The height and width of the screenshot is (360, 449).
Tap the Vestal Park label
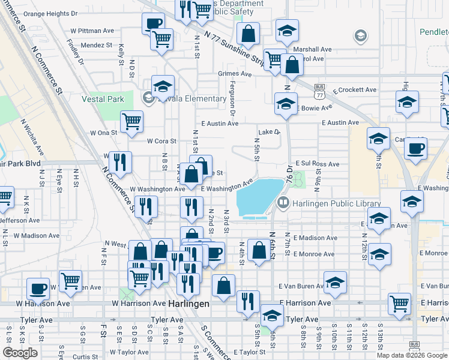tap(103, 99)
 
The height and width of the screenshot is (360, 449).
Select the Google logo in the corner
tap(19, 353)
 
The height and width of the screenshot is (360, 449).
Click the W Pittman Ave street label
tap(92, 30)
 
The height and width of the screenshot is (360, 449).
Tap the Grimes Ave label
tap(235, 74)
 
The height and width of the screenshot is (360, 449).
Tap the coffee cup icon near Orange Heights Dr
tap(153, 24)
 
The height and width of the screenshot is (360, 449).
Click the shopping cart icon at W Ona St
tap(131, 121)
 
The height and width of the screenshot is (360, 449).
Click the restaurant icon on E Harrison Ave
tap(247, 301)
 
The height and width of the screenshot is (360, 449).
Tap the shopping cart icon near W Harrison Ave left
tap(71, 281)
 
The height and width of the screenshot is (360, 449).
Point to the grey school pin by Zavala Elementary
tap(148, 98)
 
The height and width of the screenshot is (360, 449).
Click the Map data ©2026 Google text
tap(412, 355)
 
